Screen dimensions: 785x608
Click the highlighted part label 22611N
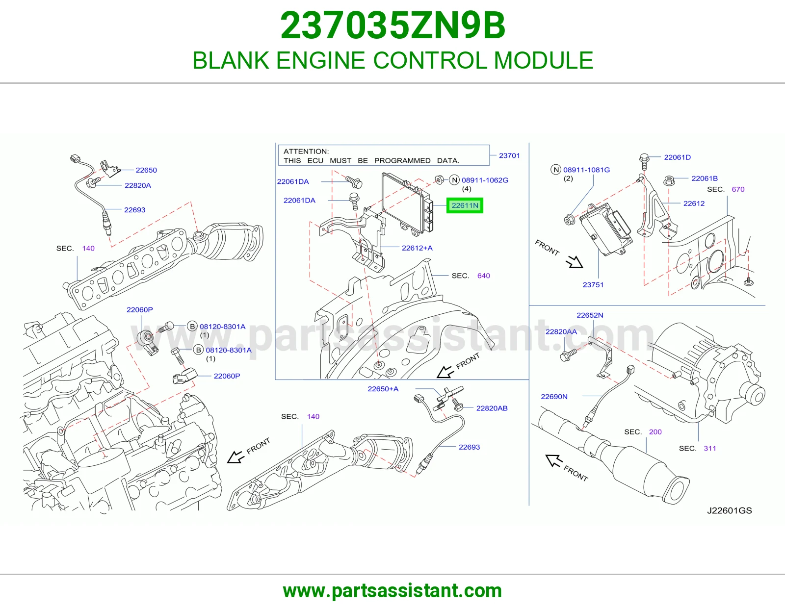465,205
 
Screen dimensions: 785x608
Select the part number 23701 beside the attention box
509,155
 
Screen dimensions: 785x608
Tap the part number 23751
593,285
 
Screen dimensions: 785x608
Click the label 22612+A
417,248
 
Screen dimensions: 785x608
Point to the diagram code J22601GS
730,510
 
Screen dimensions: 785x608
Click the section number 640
483,276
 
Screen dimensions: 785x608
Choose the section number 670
738,189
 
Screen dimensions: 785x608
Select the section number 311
710,449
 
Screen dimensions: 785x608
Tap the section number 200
655,432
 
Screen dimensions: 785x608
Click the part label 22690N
554,397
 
